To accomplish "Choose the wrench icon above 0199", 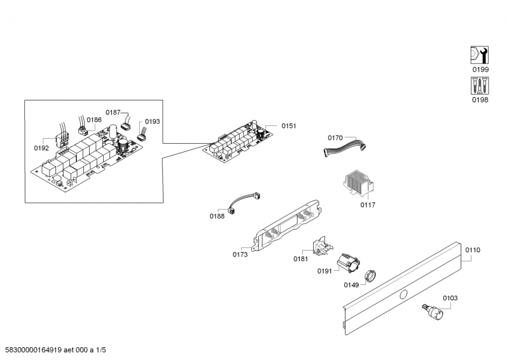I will [x=480, y=55].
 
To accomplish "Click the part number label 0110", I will [x=472, y=250].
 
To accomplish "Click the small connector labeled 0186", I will [x=82, y=131].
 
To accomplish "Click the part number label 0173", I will [x=240, y=255].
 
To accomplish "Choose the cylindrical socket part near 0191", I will [x=347, y=261].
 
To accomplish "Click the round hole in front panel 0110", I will [x=403, y=293].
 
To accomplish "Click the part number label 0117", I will [x=368, y=205].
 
